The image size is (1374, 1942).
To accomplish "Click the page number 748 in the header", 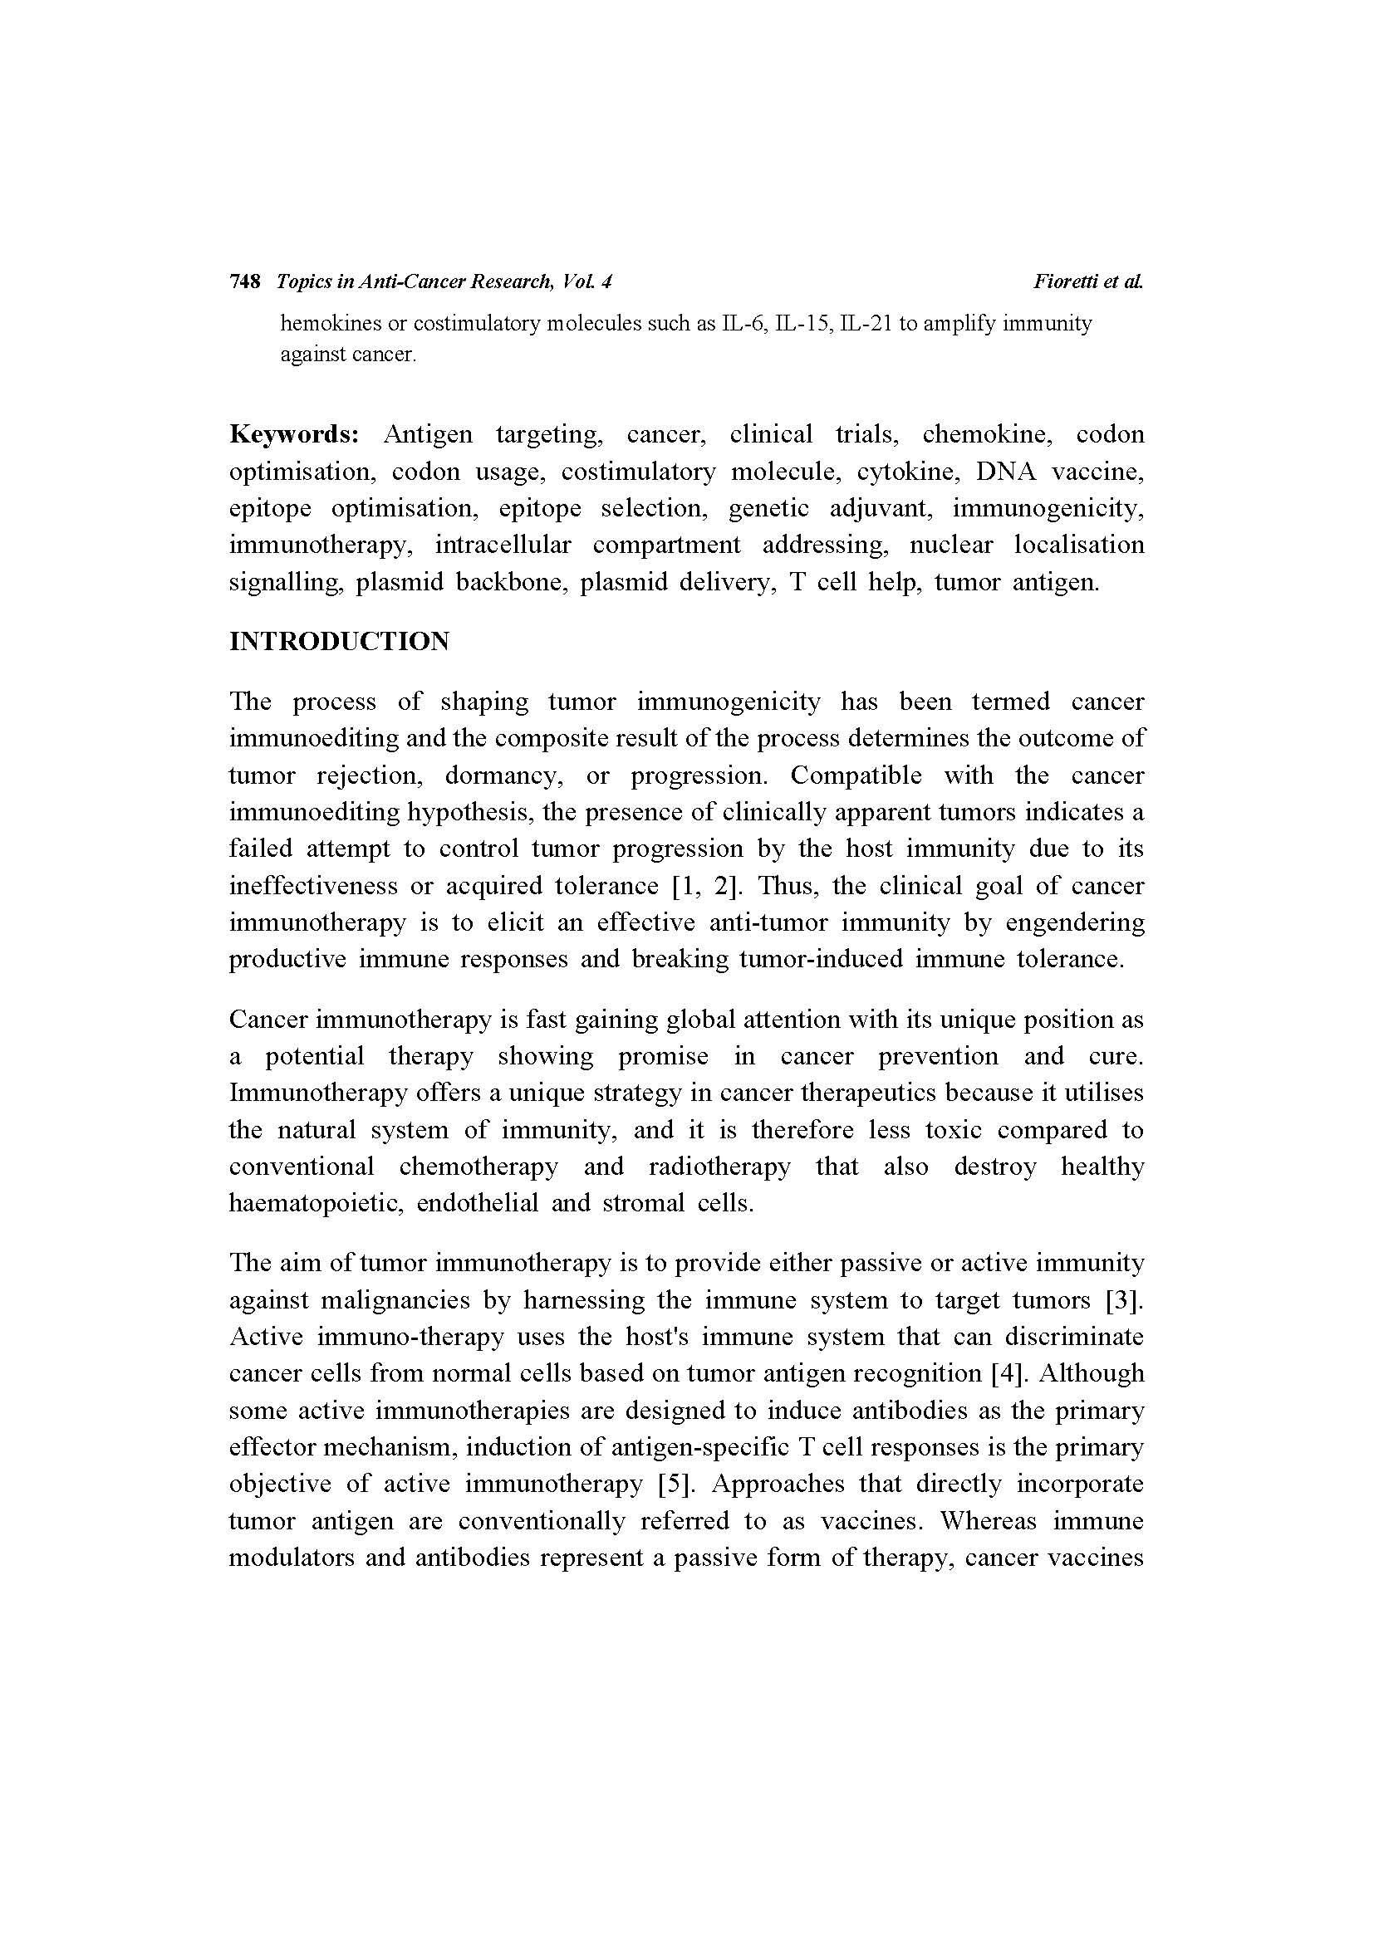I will (x=244, y=281).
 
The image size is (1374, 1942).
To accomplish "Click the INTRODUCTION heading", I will (x=339, y=641).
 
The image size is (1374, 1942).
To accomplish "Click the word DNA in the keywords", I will (x=1005, y=471).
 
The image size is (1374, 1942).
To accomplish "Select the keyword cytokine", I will (x=905, y=471).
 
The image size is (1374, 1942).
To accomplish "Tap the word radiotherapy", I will (x=719, y=1167).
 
